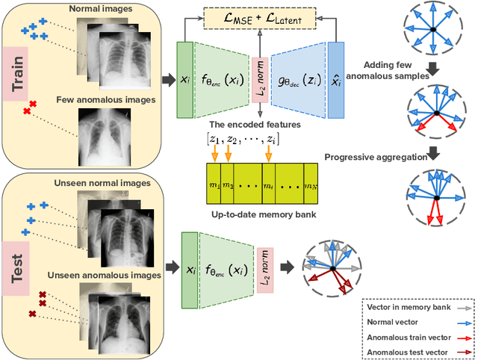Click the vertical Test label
click(x=19, y=264)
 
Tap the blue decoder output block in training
click(x=335, y=80)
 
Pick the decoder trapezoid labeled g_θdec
click(x=297, y=80)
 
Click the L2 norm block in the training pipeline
click(x=259, y=79)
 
